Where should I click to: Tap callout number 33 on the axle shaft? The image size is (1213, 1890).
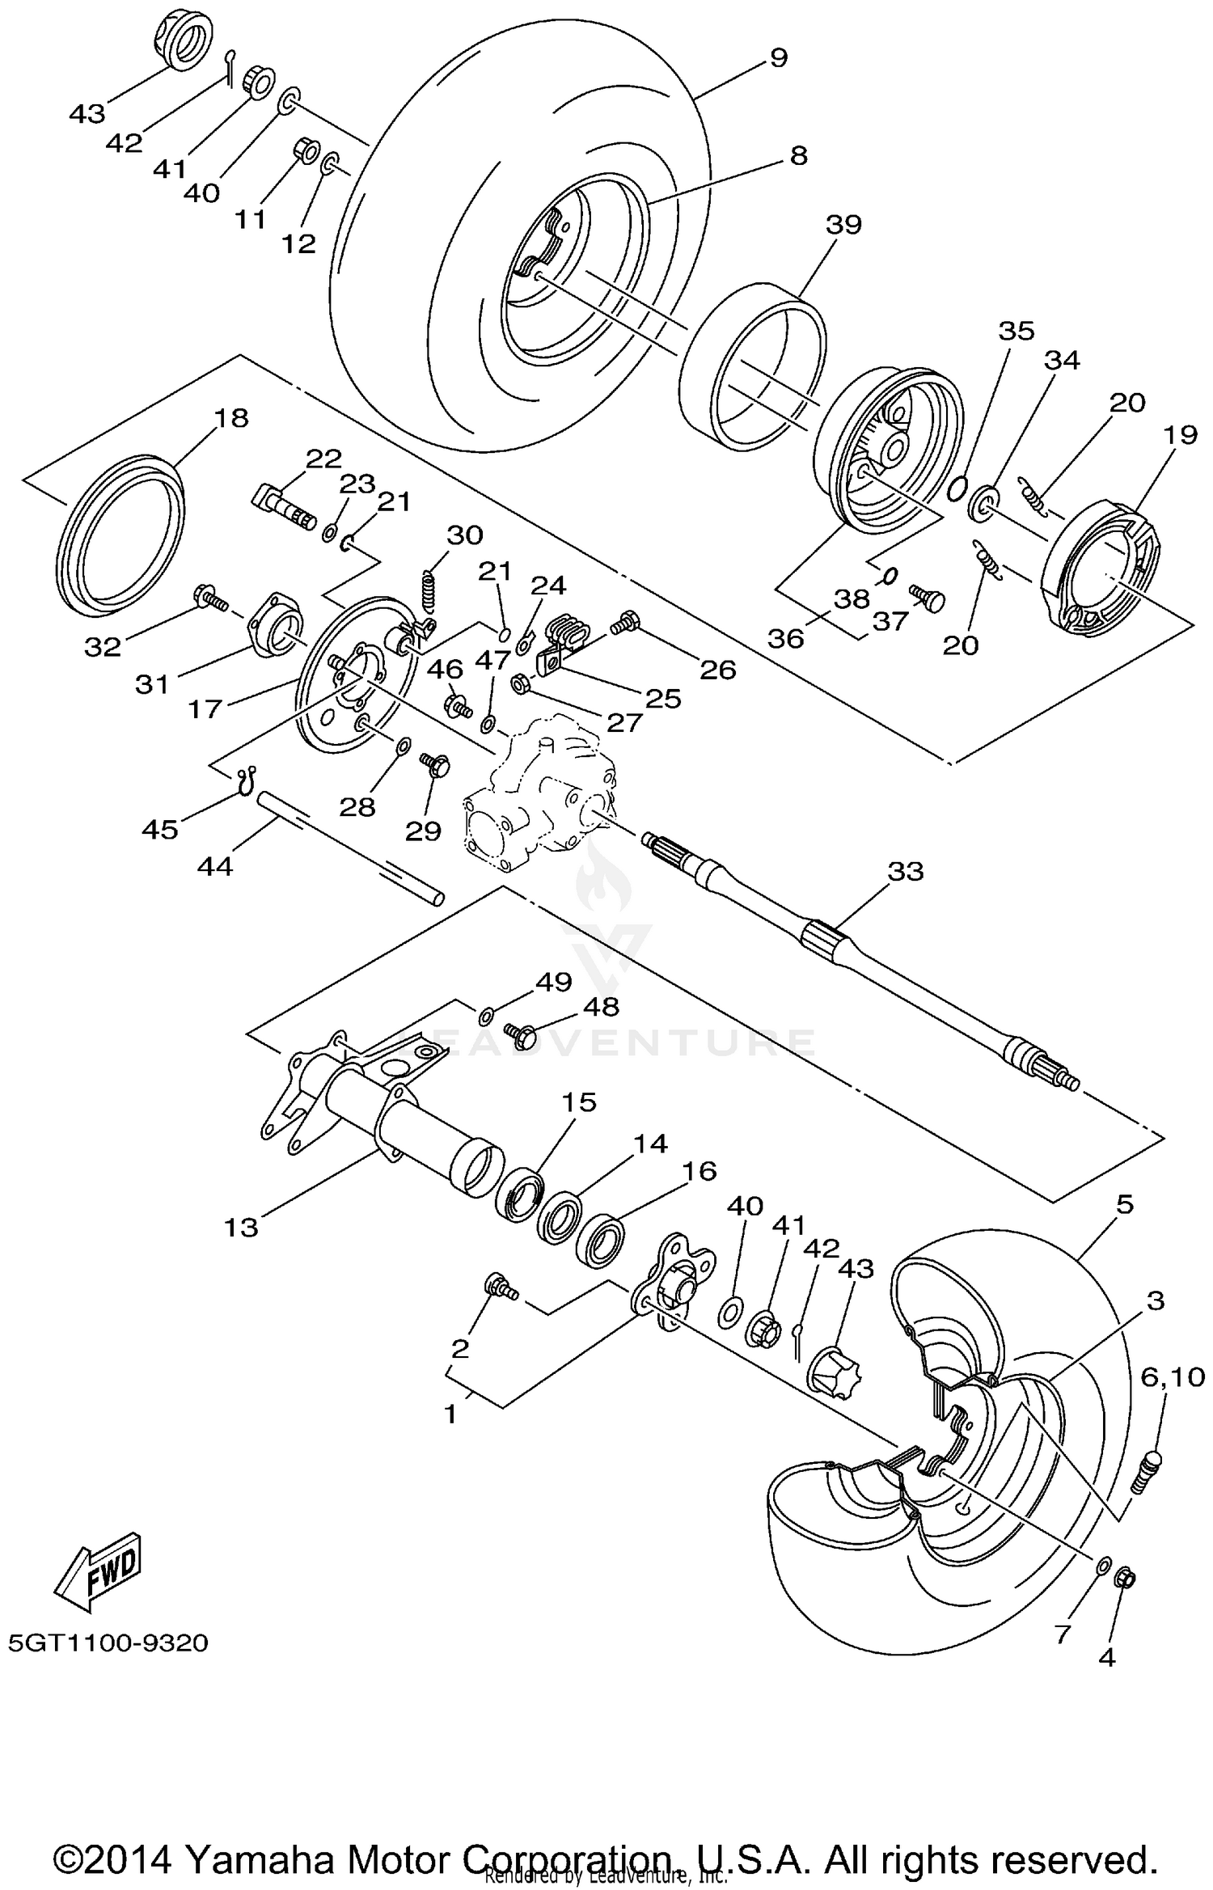click(x=905, y=871)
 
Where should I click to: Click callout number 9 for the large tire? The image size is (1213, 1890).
click(x=777, y=57)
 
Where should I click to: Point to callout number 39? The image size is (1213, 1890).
click(x=843, y=224)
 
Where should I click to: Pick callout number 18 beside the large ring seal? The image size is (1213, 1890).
click(x=230, y=418)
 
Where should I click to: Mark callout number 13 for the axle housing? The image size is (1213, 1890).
click(x=241, y=1228)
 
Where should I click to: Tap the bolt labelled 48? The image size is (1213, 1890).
click(x=518, y=1033)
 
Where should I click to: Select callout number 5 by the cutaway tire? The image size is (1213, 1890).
click(x=1124, y=1204)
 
